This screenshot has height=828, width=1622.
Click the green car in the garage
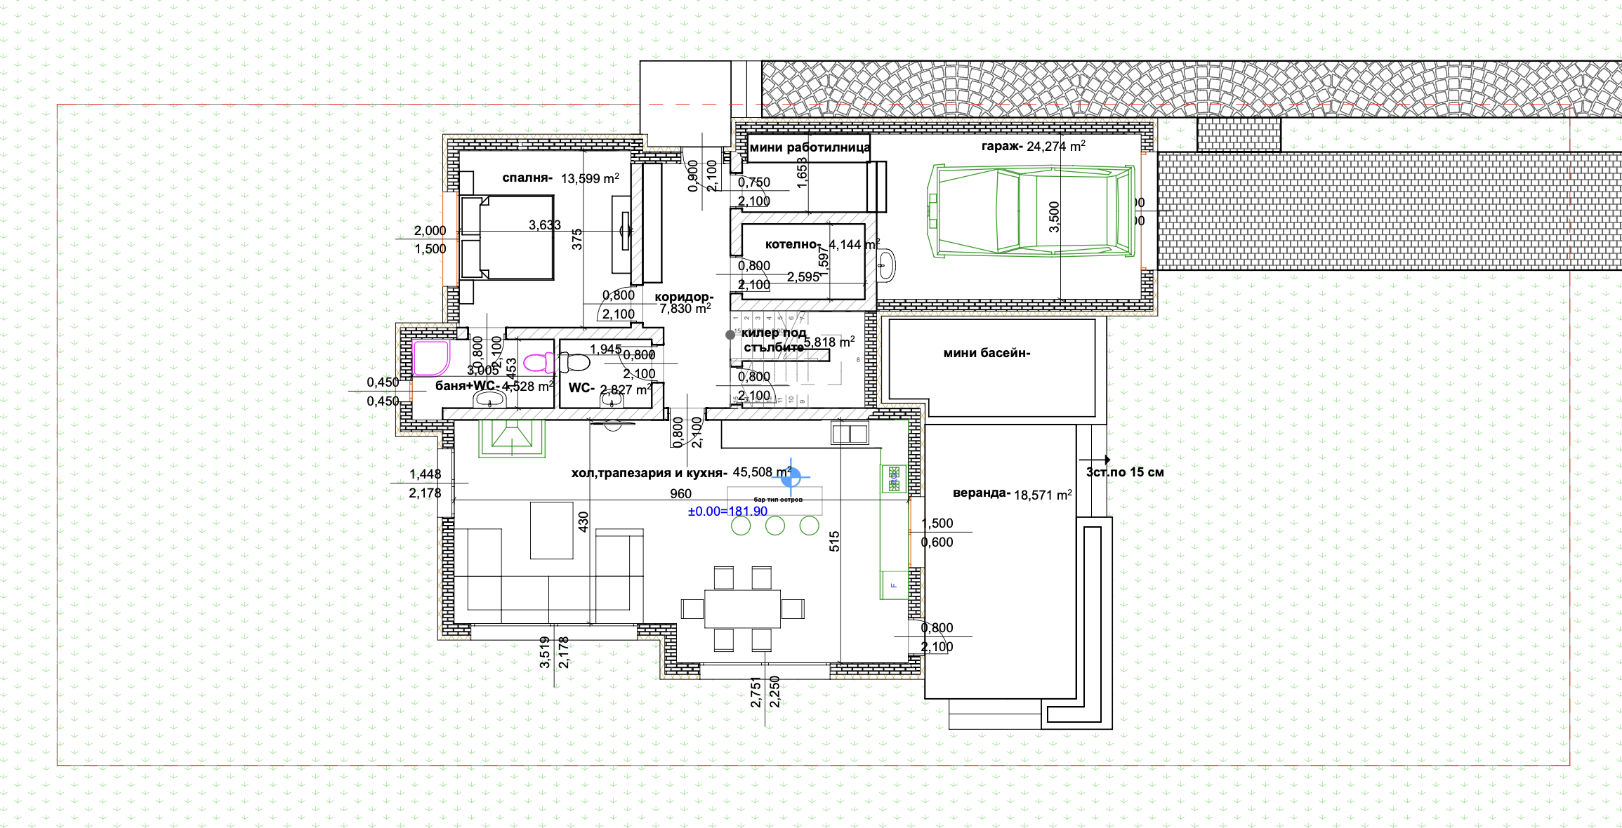[1032, 211]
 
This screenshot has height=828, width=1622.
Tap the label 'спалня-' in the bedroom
[527, 178]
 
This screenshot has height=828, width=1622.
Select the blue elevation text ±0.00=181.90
[727, 512]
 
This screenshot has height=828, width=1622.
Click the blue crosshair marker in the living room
[791, 477]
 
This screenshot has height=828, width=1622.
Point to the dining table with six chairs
[742, 608]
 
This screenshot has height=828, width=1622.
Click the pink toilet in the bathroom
[537, 363]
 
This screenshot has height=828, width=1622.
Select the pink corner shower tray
[430, 358]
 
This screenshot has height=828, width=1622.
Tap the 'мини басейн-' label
[987, 353]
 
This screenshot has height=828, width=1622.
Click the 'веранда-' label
[981, 493]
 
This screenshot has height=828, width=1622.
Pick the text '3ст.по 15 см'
[1125, 472]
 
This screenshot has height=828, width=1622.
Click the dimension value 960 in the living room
[680, 494]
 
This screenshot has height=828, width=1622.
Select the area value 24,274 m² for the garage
[1055, 146]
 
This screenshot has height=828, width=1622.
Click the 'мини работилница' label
[810, 147]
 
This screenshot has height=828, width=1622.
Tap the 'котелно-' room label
[792, 244]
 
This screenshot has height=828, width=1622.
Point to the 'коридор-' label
[683, 297]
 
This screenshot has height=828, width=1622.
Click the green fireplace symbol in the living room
[512, 437]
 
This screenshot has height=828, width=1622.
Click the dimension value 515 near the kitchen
[834, 541]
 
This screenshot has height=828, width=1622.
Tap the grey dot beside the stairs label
[730, 335]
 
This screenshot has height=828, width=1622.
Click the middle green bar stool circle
[775, 526]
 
